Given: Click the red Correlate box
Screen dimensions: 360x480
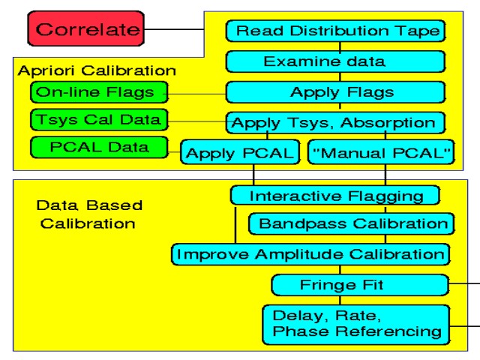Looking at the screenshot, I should (88, 30).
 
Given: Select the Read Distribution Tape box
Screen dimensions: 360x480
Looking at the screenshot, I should (335, 31).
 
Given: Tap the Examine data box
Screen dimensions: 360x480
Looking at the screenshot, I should (335, 61).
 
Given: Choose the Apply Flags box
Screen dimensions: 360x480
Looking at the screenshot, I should (335, 93).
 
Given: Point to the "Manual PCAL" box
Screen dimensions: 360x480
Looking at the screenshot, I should (380, 153).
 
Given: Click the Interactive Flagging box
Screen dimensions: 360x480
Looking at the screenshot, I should (335, 196).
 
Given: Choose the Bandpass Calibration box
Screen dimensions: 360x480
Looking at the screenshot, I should (352, 223).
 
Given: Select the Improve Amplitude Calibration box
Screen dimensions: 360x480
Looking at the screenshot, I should (310, 253).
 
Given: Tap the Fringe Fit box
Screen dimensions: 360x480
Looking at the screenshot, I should (359, 285).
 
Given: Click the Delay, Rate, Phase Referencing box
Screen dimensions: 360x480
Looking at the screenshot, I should (355, 321).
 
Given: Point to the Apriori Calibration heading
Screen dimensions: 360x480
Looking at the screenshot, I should (96, 71).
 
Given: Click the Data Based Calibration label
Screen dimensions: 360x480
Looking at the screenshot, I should (88, 214).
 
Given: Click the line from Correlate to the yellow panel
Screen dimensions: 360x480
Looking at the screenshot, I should (174, 30).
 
